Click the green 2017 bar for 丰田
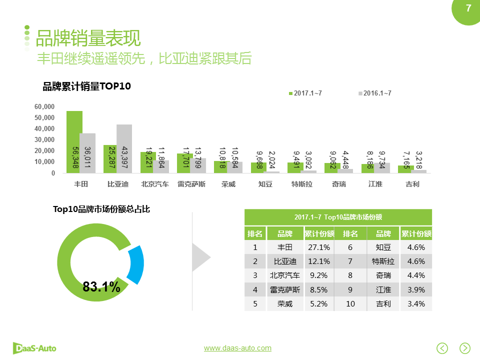coord(74,141)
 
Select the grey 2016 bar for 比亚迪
coord(124,148)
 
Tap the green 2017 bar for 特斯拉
coord(295,167)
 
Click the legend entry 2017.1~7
coord(304,93)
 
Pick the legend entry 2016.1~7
coord(374,93)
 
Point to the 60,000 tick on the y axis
coord(44,107)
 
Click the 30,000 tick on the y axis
coord(44,140)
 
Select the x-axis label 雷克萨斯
coord(191,184)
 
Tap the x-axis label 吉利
coord(412,184)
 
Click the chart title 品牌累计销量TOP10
coord(87,86)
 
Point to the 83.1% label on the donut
coord(101,286)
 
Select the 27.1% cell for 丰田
coord(318,247)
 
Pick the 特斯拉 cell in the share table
coord(383,261)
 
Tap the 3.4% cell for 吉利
coord(415,303)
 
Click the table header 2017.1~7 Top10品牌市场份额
coord(338,217)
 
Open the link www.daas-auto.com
coord(237,348)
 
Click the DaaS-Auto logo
coord(34,347)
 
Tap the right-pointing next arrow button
coord(465,348)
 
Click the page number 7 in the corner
coord(468,8)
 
